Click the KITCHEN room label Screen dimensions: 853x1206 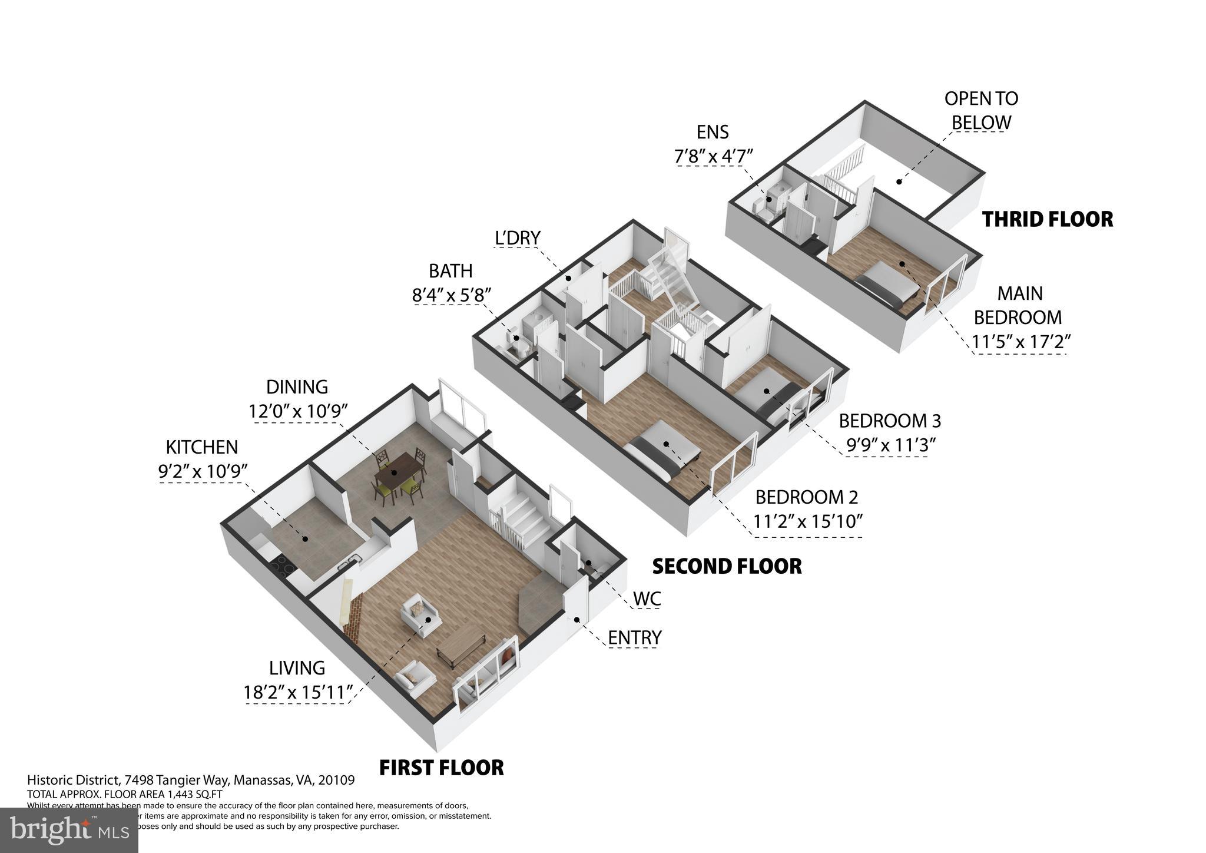[201, 447]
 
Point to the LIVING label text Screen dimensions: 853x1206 [297, 667]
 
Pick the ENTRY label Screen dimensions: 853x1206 [634, 637]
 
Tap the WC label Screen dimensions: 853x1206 [647, 599]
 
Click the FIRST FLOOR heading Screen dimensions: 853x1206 [441, 768]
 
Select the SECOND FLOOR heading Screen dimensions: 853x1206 [727, 566]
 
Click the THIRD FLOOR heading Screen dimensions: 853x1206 [1047, 219]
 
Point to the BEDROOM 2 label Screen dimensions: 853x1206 [806, 497]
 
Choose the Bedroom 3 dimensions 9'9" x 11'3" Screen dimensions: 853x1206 [890, 445]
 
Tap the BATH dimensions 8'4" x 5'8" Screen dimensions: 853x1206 [451, 295]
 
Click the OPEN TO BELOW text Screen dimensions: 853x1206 [980, 111]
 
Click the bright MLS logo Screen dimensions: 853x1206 [69, 830]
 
